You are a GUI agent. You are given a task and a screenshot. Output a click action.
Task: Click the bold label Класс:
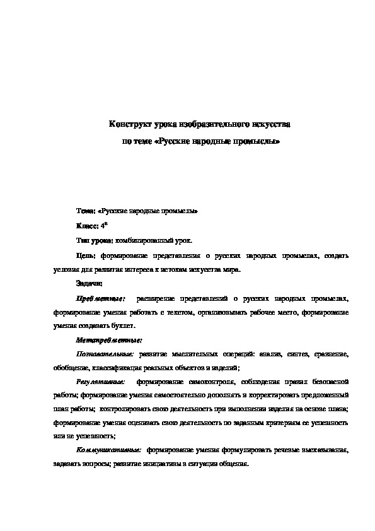pyautogui.click(x=88, y=226)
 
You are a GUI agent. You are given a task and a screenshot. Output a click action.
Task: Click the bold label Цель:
pyautogui.click(x=85, y=256)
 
